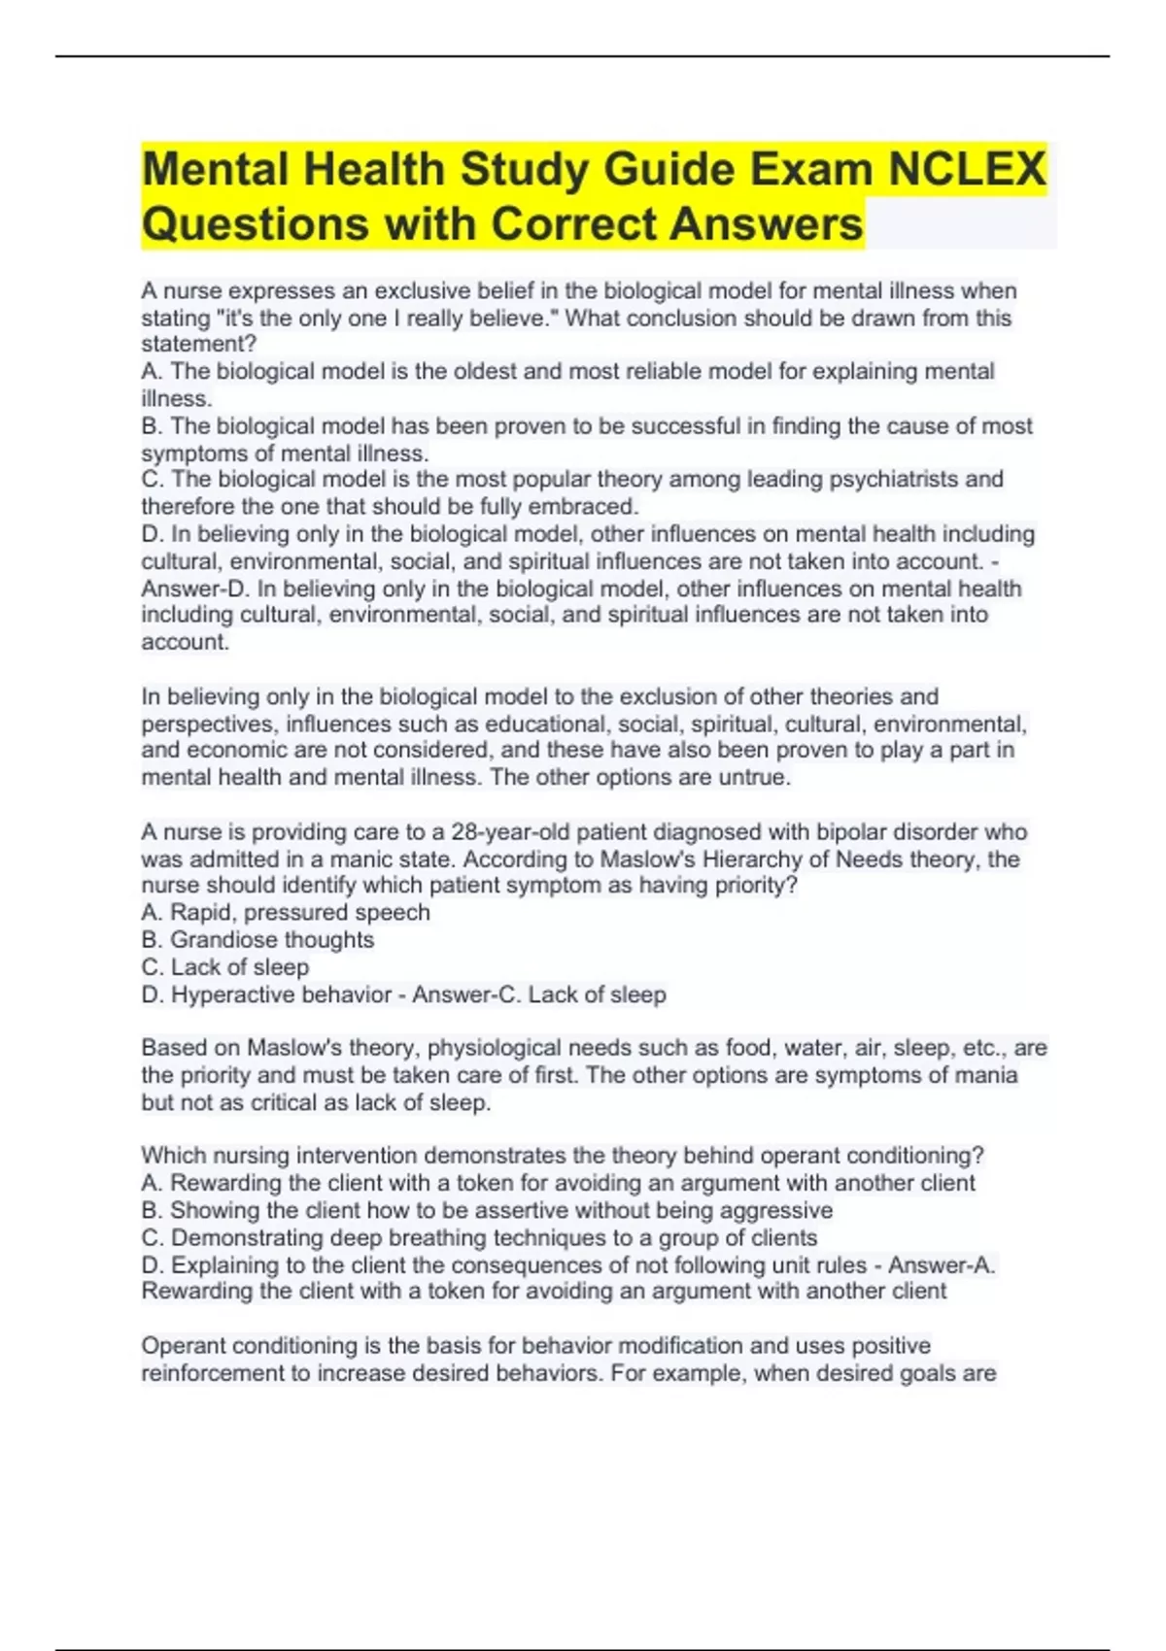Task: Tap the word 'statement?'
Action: (x=199, y=344)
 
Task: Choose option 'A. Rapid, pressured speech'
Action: (x=286, y=912)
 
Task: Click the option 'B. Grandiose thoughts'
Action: (x=257, y=939)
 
